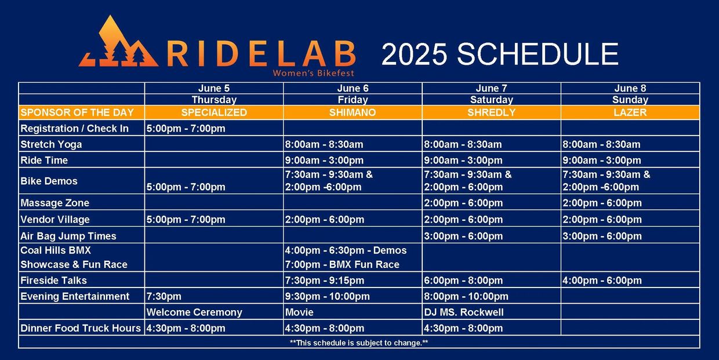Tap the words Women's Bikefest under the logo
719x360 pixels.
313,74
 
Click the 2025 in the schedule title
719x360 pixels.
415,54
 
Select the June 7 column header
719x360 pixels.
491,88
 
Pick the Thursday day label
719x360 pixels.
214,100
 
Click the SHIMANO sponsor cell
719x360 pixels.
353,112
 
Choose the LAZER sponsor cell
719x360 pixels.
630,112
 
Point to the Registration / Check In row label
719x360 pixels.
74,128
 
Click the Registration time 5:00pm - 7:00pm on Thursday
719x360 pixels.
186,128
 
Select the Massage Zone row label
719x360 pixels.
55,203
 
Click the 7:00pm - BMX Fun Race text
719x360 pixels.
342,264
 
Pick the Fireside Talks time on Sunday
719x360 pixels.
602,281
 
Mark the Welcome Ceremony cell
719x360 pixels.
194,312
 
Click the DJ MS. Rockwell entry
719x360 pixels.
463,312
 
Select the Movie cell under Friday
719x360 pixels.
299,312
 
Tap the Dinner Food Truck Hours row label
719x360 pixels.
81,328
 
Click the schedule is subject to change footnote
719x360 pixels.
359,343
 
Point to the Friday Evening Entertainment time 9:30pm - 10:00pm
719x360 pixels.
328,296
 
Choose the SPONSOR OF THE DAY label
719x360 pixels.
77,112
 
